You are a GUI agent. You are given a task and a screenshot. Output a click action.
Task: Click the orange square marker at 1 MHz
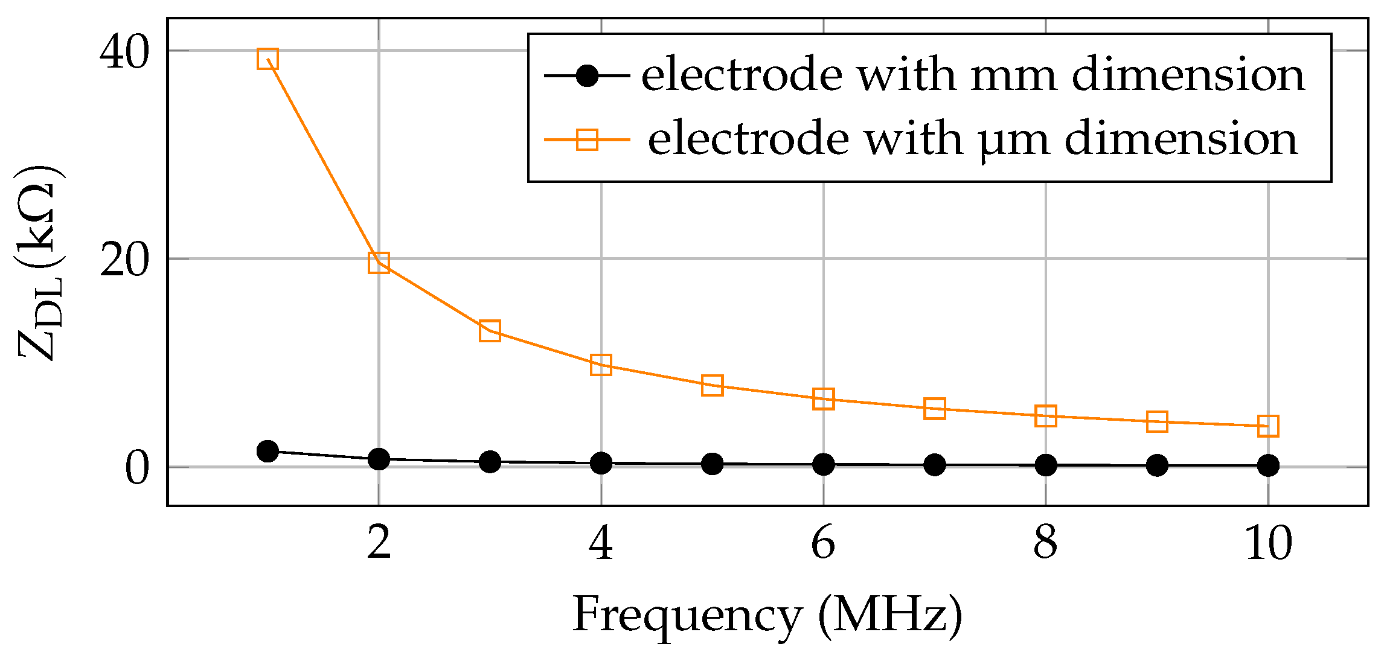pyautogui.click(x=267, y=59)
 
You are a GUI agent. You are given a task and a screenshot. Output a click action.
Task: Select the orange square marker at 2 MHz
pyautogui.click(x=379, y=263)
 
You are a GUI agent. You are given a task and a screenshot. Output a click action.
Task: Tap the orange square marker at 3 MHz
pyautogui.click(x=490, y=331)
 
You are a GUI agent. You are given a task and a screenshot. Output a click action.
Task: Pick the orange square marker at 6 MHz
pyautogui.click(x=824, y=399)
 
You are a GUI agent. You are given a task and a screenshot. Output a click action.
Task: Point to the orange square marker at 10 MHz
pyautogui.click(x=1268, y=426)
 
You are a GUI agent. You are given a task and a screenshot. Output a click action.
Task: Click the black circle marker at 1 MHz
pyautogui.click(x=267, y=451)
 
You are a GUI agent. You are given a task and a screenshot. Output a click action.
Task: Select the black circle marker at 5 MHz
pyautogui.click(x=713, y=464)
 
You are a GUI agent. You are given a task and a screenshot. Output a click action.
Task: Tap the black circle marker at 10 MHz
pyautogui.click(x=1268, y=465)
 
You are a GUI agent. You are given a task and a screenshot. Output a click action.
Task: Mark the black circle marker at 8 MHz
pyautogui.click(x=1046, y=465)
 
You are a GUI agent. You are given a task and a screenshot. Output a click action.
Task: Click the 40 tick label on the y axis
pyautogui.click(x=124, y=53)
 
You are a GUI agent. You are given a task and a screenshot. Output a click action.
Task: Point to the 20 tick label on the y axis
pyautogui.click(x=124, y=261)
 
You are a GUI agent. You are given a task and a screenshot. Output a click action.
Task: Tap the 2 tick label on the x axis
pyautogui.click(x=379, y=543)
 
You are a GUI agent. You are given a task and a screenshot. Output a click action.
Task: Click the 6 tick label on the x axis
pyautogui.click(x=824, y=543)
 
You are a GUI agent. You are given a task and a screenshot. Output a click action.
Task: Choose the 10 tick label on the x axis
pyautogui.click(x=1268, y=543)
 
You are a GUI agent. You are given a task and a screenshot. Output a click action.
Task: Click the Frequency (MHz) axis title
pyautogui.click(x=767, y=616)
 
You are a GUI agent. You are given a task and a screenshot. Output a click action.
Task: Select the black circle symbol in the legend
pyautogui.click(x=587, y=76)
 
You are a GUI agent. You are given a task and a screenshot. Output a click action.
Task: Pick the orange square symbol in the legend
pyautogui.click(x=587, y=139)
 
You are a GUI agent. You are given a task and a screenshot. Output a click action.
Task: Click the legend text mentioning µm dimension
pyautogui.click(x=972, y=139)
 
